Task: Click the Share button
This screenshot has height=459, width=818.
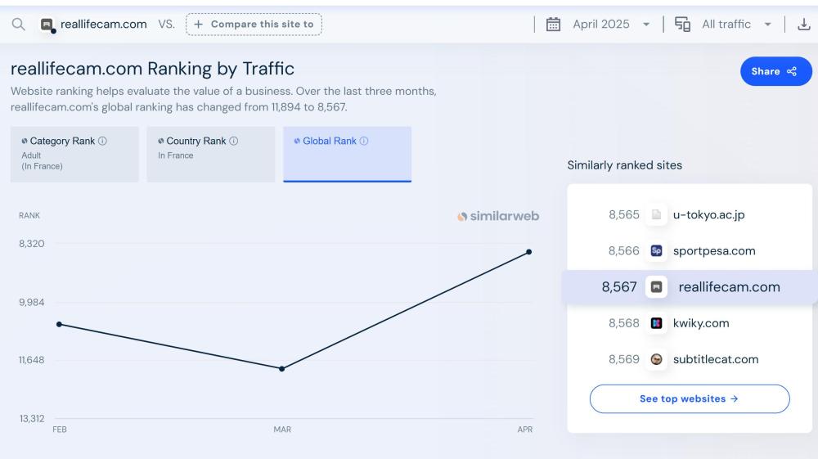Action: (775, 71)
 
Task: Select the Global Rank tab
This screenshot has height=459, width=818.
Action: (347, 153)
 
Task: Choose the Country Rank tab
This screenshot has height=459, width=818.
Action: (210, 153)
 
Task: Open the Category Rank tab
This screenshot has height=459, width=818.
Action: (74, 153)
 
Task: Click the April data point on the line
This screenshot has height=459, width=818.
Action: (529, 252)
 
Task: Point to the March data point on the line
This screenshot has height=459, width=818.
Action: (282, 369)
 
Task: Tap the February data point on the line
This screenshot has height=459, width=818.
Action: (59, 325)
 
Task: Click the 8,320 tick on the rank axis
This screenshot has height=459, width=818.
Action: (32, 244)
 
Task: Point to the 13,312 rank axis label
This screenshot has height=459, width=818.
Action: (32, 419)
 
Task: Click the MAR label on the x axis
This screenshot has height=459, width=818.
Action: (282, 430)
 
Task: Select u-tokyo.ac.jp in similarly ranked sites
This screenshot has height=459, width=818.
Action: (708, 215)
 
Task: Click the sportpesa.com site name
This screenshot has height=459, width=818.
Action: (713, 251)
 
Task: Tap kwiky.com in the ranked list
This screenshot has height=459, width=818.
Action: (700, 323)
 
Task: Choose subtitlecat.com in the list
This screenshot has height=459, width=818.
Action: (715, 359)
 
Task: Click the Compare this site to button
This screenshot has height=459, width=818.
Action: (254, 25)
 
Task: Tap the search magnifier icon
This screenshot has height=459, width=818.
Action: (18, 25)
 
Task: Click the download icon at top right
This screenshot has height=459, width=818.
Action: (803, 25)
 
